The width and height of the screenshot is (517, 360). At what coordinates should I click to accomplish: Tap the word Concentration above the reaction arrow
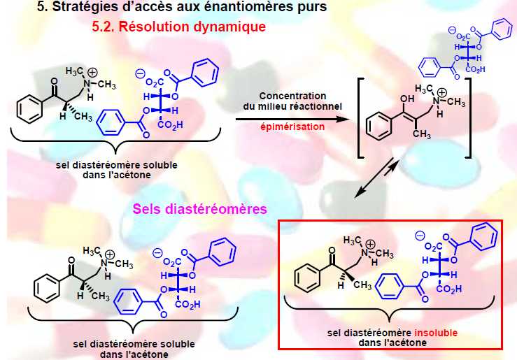click(293, 95)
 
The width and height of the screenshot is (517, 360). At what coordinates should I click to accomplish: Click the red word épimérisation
click(293, 127)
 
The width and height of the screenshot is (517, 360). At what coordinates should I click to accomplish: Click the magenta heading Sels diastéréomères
click(200, 209)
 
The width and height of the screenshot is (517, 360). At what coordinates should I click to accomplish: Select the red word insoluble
click(435, 333)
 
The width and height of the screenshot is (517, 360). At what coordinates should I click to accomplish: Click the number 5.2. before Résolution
click(106, 28)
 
